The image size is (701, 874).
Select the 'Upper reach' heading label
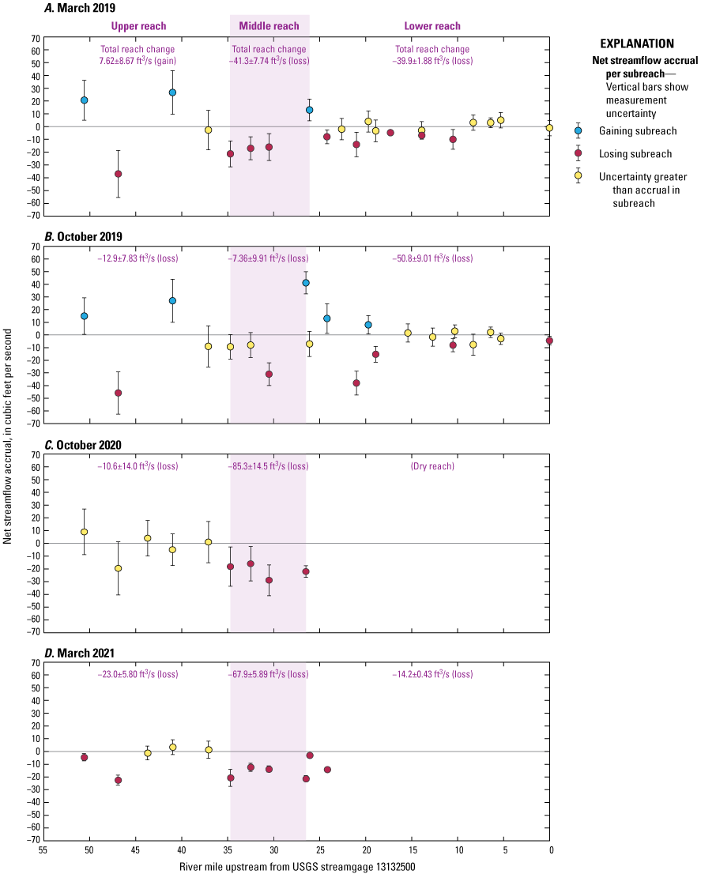[x=138, y=26]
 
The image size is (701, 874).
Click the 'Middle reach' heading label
[x=270, y=26]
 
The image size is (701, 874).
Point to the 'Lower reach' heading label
[x=432, y=26]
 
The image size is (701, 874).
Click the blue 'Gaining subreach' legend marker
[x=578, y=130]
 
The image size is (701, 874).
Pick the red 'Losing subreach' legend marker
[x=578, y=154]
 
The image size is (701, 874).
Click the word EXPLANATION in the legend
[x=637, y=43]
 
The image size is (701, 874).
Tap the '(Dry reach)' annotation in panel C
[x=432, y=466]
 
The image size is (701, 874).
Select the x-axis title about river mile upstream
[x=296, y=866]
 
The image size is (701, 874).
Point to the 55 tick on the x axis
[x=43, y=851]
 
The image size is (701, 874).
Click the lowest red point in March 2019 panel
[x=118, y=174]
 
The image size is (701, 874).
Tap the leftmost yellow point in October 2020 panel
[x=84, y=532]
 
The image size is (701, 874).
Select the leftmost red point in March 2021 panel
[x=84, y=757]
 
